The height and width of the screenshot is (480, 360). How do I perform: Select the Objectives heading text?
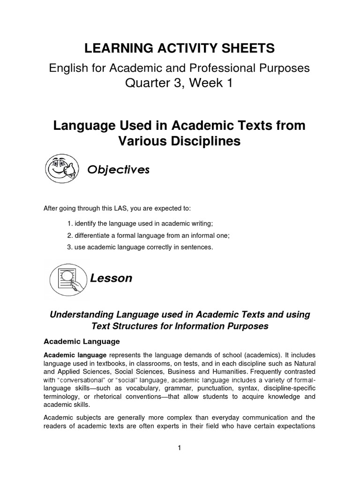tap(119, 170)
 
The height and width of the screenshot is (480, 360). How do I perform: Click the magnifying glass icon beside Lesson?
tap(67, 277)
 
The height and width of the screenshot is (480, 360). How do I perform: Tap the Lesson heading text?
tap(111, 278)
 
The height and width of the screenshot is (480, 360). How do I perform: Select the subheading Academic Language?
tap(82, 341)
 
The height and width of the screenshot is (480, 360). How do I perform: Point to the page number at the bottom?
tap(179, 448)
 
